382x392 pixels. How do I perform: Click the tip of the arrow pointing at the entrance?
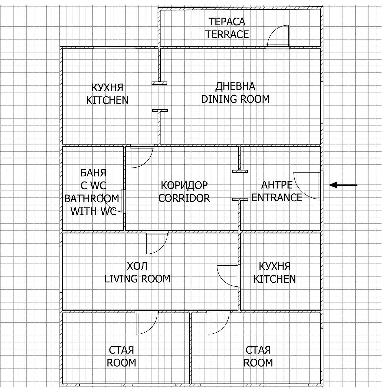pos(329,185)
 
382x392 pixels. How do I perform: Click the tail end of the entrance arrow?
pos(357,185)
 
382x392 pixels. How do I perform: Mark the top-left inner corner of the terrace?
pos(161,10)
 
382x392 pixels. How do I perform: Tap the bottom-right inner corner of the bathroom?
pos(123,230)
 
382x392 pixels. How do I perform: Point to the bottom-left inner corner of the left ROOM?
pos(63,383)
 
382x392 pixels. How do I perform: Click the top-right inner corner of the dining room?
pos(320,49)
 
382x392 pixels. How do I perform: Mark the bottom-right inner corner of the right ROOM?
pos(320,383)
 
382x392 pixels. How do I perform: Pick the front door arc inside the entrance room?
pos(307,186)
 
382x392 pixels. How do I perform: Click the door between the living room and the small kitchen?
pos(227,276)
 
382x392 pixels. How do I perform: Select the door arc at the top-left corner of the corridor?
pos(142,157)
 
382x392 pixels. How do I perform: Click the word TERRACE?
pos(227,34)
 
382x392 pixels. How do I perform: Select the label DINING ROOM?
pos(235,99)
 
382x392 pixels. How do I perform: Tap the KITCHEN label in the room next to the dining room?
pos(107,100)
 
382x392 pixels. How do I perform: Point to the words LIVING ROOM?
pos(138,279)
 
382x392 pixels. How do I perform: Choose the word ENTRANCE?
pos(277,198)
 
